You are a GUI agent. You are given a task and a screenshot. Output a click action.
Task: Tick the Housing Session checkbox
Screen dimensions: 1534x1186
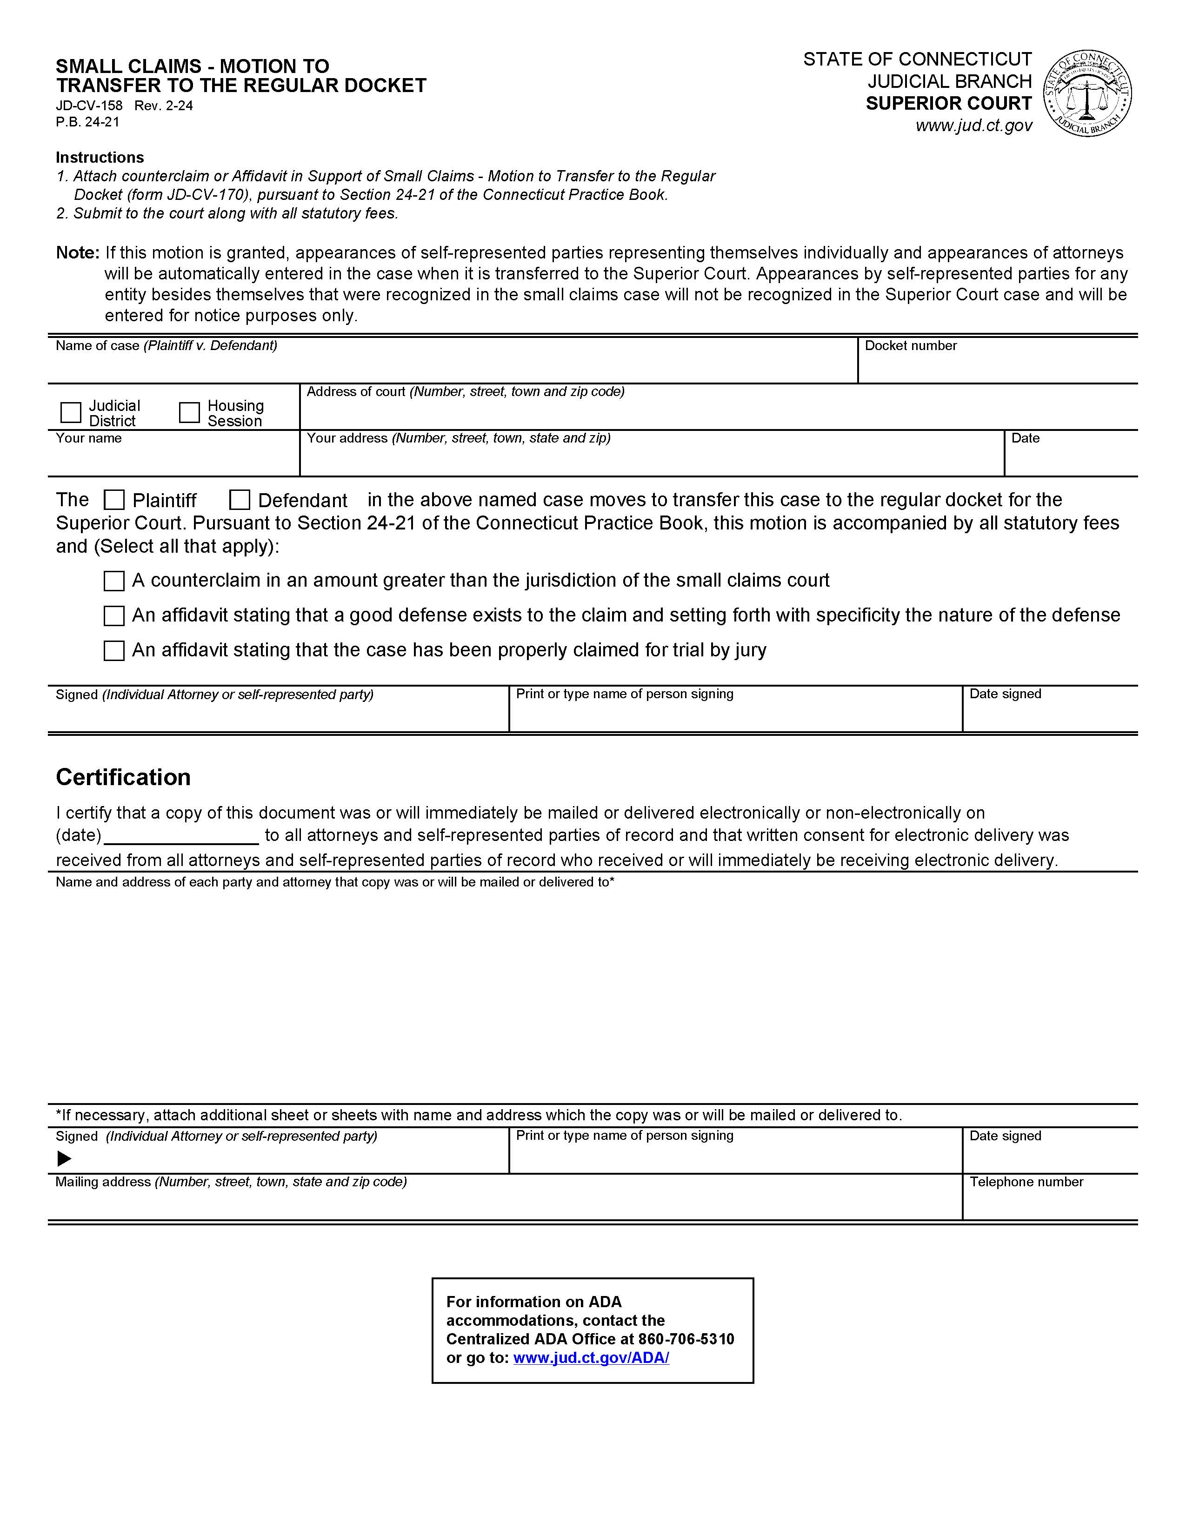[189, 412]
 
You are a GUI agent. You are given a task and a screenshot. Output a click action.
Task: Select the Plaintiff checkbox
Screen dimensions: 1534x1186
[114, 500]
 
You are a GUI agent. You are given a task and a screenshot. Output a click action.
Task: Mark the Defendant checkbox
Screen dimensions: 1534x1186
[240, 500]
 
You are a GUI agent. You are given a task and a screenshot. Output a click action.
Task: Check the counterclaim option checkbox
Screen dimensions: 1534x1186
[114, 581]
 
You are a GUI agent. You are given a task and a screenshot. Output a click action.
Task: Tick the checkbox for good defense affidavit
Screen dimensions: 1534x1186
[114, 616]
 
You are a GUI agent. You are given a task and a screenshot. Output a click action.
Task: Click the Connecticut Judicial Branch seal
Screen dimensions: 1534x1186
[1087, 93]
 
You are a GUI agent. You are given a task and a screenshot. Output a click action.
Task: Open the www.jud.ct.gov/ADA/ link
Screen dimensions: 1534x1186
[591, 1358]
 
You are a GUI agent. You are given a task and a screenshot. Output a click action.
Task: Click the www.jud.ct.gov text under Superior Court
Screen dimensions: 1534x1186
[974, 126]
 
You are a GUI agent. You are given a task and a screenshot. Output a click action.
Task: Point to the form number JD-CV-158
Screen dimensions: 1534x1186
[89, 106]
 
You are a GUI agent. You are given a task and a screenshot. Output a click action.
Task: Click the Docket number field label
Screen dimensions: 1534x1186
[911, 345]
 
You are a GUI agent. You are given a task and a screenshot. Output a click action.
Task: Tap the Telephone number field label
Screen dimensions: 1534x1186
[1026, 1182]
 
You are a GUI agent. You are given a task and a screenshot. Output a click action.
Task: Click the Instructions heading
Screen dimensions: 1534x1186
[100, 157]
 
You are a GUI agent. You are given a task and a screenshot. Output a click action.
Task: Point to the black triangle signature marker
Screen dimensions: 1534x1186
[64, 1158]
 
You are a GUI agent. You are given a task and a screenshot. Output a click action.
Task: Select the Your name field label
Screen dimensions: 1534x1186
[88, 438]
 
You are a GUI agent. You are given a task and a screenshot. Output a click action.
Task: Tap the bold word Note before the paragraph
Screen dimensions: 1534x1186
[77, 253]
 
